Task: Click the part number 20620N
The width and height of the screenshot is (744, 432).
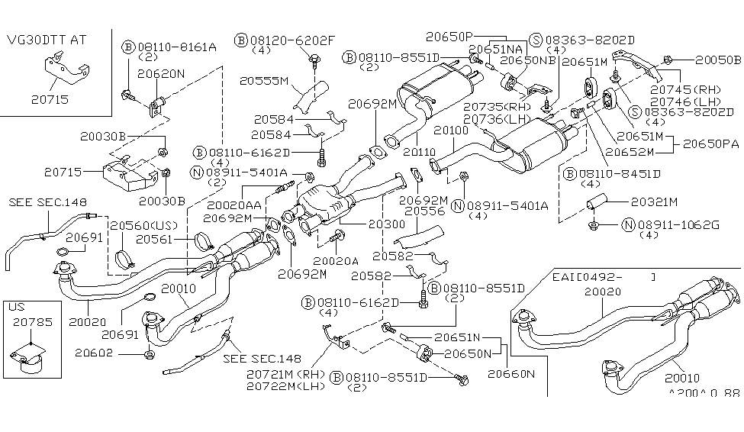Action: point(161,74)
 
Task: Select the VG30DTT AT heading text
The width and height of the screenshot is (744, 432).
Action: point(47,40)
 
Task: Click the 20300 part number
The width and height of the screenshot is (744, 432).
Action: point(366,224)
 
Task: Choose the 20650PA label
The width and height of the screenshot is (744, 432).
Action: point(710,143)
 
